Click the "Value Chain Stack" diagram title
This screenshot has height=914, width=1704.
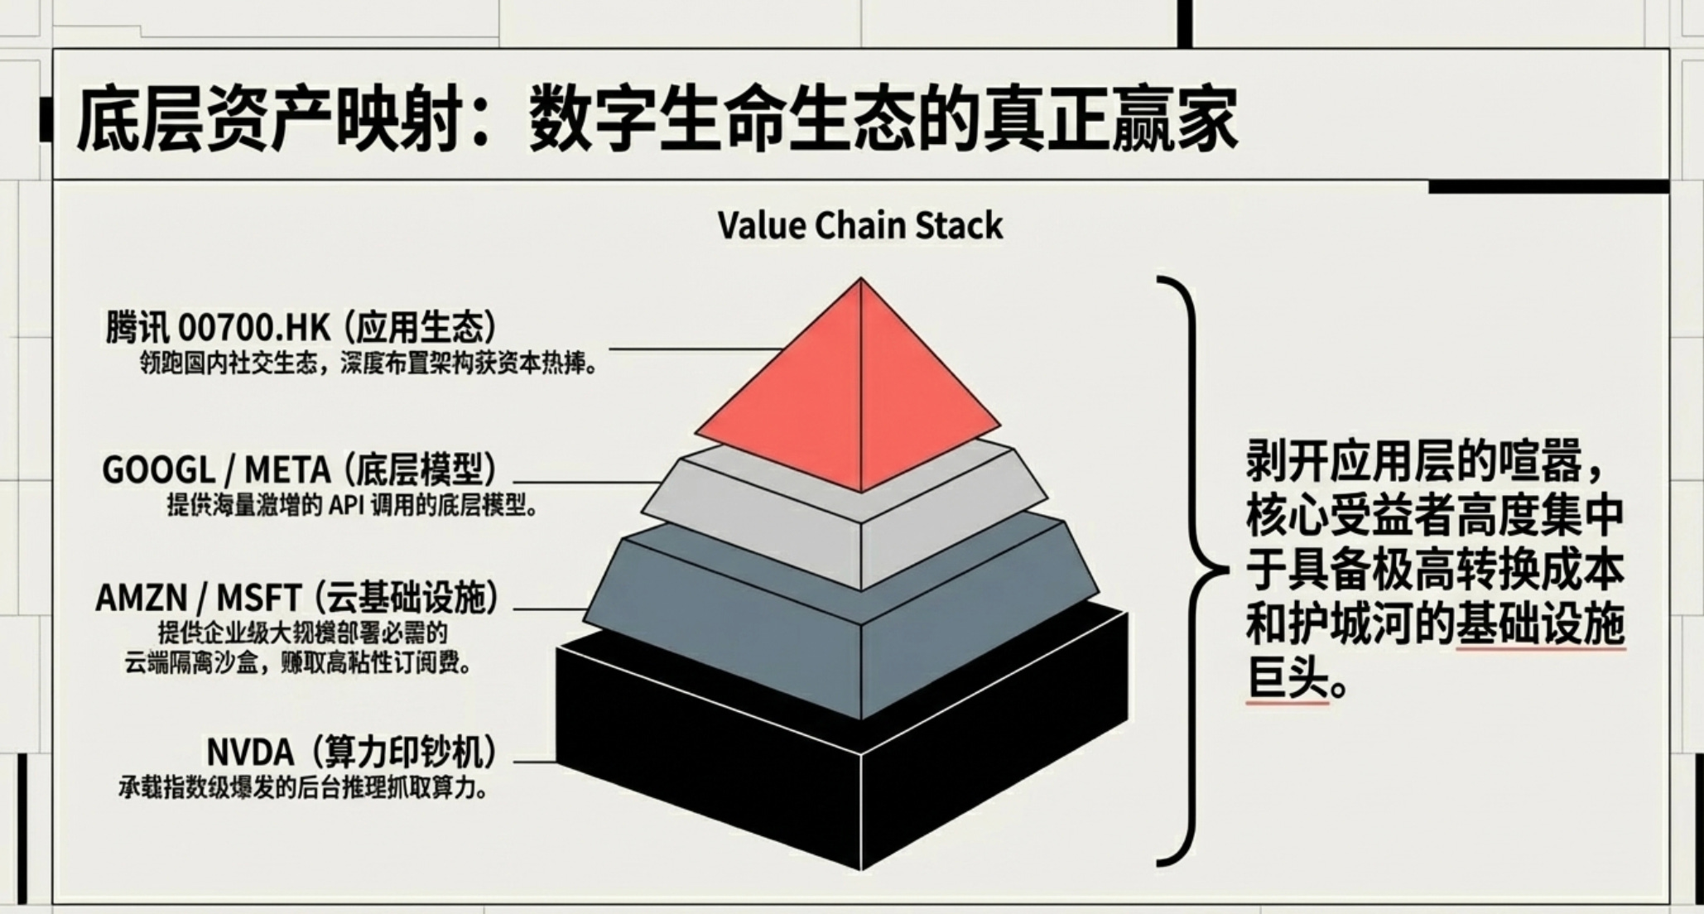(x=859, y=226)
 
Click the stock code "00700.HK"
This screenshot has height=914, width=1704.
(x=253, y=329)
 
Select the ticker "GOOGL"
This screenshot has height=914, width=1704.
(x=158, y=470)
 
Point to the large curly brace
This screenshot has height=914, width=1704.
(x=1192, y=571)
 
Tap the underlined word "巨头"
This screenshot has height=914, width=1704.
(x=1288, y=683)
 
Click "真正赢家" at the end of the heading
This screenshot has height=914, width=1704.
(x=1110, y=122)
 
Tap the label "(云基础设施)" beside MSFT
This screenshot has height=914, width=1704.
(x=406, y=599)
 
